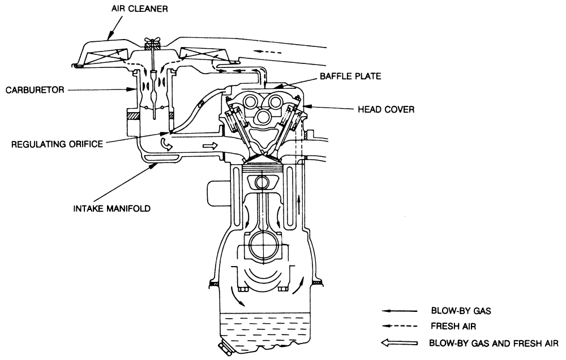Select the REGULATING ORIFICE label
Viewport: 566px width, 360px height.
tap(57, 144)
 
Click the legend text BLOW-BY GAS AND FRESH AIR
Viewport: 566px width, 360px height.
tap(494, 342)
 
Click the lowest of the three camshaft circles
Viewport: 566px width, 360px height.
tap(262, 118)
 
